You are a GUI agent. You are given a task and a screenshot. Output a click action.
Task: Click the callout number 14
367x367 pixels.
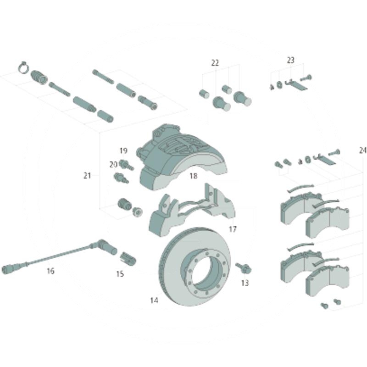point(154,300)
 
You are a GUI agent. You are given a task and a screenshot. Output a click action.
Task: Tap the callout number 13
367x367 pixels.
point(245,283)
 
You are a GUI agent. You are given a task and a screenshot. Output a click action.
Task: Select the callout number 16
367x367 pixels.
point(50,271)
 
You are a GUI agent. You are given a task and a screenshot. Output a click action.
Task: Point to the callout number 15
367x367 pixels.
point(120,273)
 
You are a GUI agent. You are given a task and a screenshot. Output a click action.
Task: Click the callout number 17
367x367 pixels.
point(233,228)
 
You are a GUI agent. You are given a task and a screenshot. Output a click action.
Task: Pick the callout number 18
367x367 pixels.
point(193,176)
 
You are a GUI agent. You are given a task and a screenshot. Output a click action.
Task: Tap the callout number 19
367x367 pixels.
point(123,150)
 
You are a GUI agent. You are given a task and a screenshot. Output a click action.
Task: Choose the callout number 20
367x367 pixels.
point(113,165)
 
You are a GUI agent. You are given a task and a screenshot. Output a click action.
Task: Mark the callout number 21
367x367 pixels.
point(87,175)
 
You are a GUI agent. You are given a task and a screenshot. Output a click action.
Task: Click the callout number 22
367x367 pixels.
point(215,63)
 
